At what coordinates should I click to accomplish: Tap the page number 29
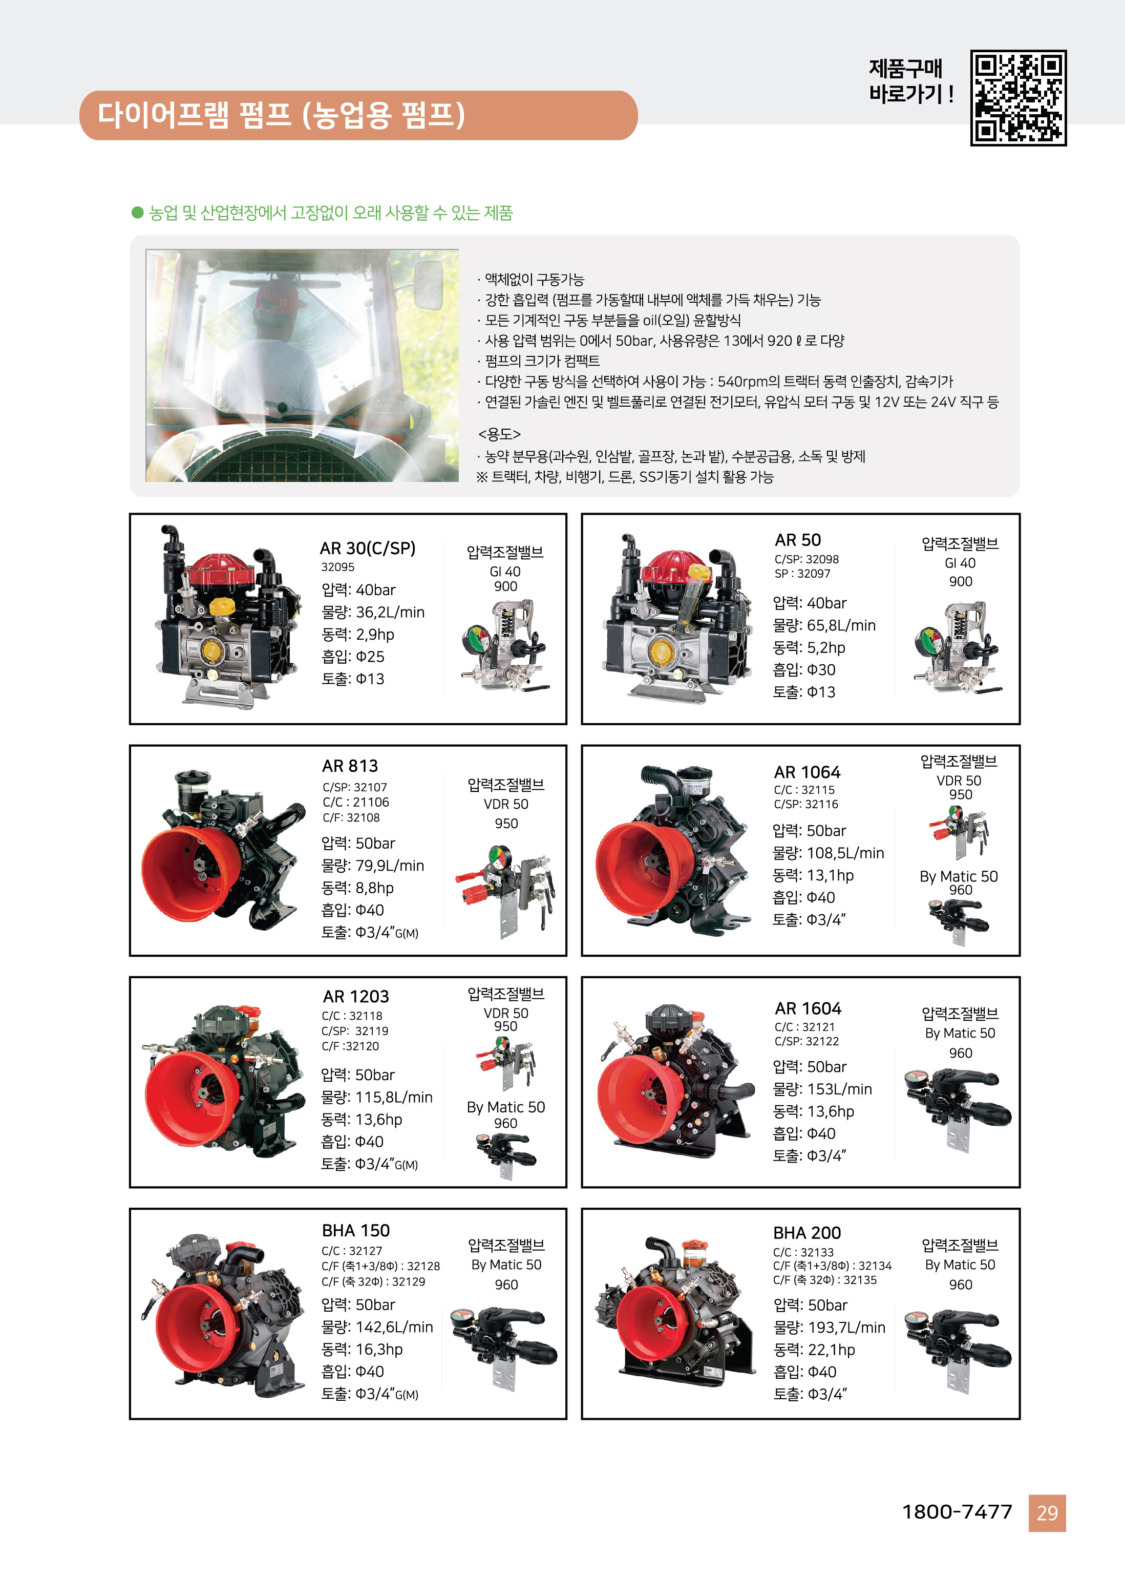click(x=1047, y=1513)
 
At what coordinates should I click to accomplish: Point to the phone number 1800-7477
click(x=957, y=1512)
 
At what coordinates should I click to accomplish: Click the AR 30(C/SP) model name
click(x=367, y=548)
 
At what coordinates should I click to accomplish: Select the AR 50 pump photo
click(x=677, y=618)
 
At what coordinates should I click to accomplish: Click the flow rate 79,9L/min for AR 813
click(x=373, y=866)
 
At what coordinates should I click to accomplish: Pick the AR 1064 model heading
click(x=807, y=772)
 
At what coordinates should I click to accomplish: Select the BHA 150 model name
click(x=355, y=1231)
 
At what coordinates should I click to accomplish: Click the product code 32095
click(x=337, y=567)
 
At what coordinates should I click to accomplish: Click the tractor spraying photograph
click(x=302, y=365)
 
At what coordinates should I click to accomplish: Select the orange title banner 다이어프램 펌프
click(x=358, y=115)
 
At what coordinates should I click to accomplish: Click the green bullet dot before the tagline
click(x=137, y=213)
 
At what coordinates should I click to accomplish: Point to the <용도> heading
click(x=499, y=434)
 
